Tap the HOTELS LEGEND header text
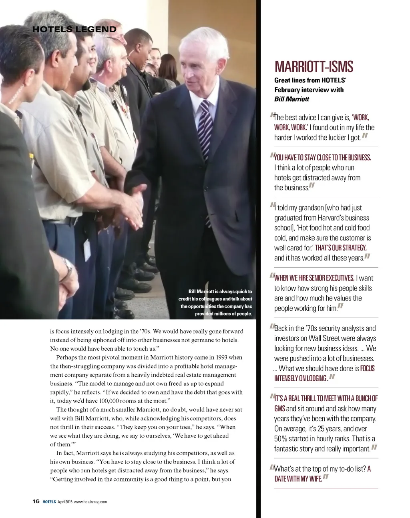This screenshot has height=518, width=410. coord(74,29)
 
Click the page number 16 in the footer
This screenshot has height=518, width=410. coord(36,502)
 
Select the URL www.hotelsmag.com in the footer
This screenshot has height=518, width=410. coord(90,502)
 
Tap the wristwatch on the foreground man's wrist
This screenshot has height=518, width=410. coord(68,266)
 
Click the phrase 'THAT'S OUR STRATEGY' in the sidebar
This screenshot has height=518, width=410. coord(341,248)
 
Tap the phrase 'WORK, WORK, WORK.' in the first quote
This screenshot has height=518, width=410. coord(320,122)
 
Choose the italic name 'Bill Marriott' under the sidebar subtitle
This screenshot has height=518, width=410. coord(291,99)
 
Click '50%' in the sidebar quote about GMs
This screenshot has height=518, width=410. coord(281,439)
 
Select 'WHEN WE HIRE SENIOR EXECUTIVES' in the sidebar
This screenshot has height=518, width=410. coord(314,278)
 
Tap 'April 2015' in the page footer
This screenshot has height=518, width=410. coord(64,502)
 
